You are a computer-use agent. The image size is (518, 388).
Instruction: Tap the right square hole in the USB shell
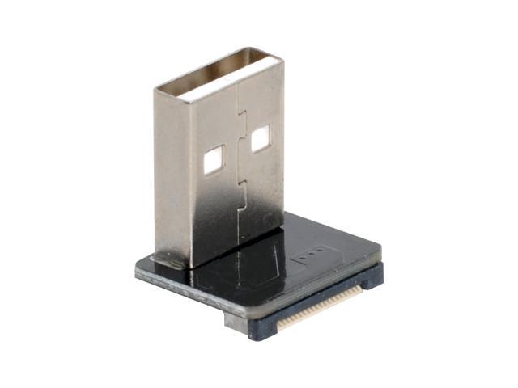[261, 140]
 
